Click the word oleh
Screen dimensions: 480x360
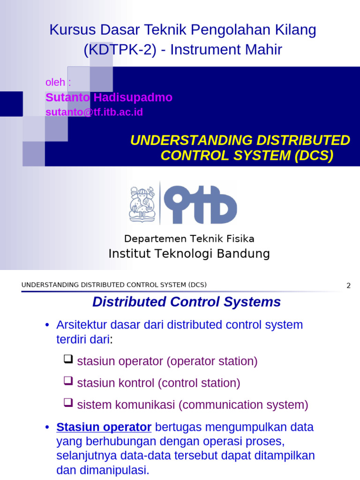click(55, 82)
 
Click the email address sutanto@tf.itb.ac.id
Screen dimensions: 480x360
click(94, 112)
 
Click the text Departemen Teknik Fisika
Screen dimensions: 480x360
click(189, 239)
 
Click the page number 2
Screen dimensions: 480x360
click(348, 285)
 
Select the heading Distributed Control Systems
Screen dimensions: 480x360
click(187, 302)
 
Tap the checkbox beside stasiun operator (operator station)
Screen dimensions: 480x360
click(68, 360)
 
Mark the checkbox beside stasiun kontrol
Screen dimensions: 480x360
click(68, 382)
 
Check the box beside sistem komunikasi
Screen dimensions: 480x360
click(68, 403)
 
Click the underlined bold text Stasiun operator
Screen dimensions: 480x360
click(104, 427)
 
